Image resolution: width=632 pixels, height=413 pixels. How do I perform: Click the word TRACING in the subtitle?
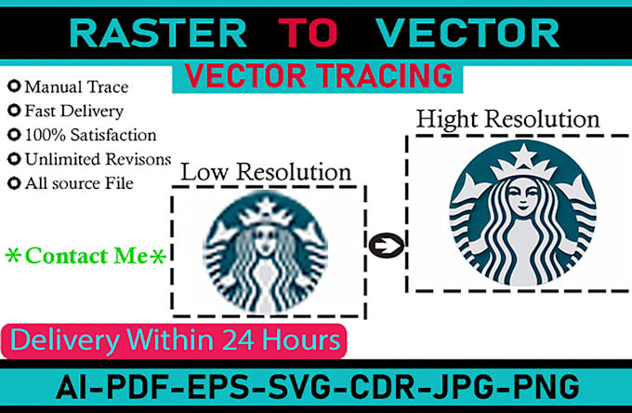[x=377, y=76]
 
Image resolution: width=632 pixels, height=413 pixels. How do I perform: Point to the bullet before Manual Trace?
[x=13, y=88]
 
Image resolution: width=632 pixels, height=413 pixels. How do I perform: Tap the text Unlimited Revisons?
[x=97, y=159]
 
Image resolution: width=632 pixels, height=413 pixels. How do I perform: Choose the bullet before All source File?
[x=13, y=183]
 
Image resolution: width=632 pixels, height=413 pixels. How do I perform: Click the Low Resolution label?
[x=265, y=172]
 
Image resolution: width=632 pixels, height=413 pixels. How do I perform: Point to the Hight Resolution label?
[x=507, y=120]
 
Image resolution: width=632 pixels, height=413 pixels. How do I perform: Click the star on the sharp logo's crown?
[x=516, y=153]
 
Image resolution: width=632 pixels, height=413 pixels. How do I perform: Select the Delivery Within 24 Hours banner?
[x=174, y=338]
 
